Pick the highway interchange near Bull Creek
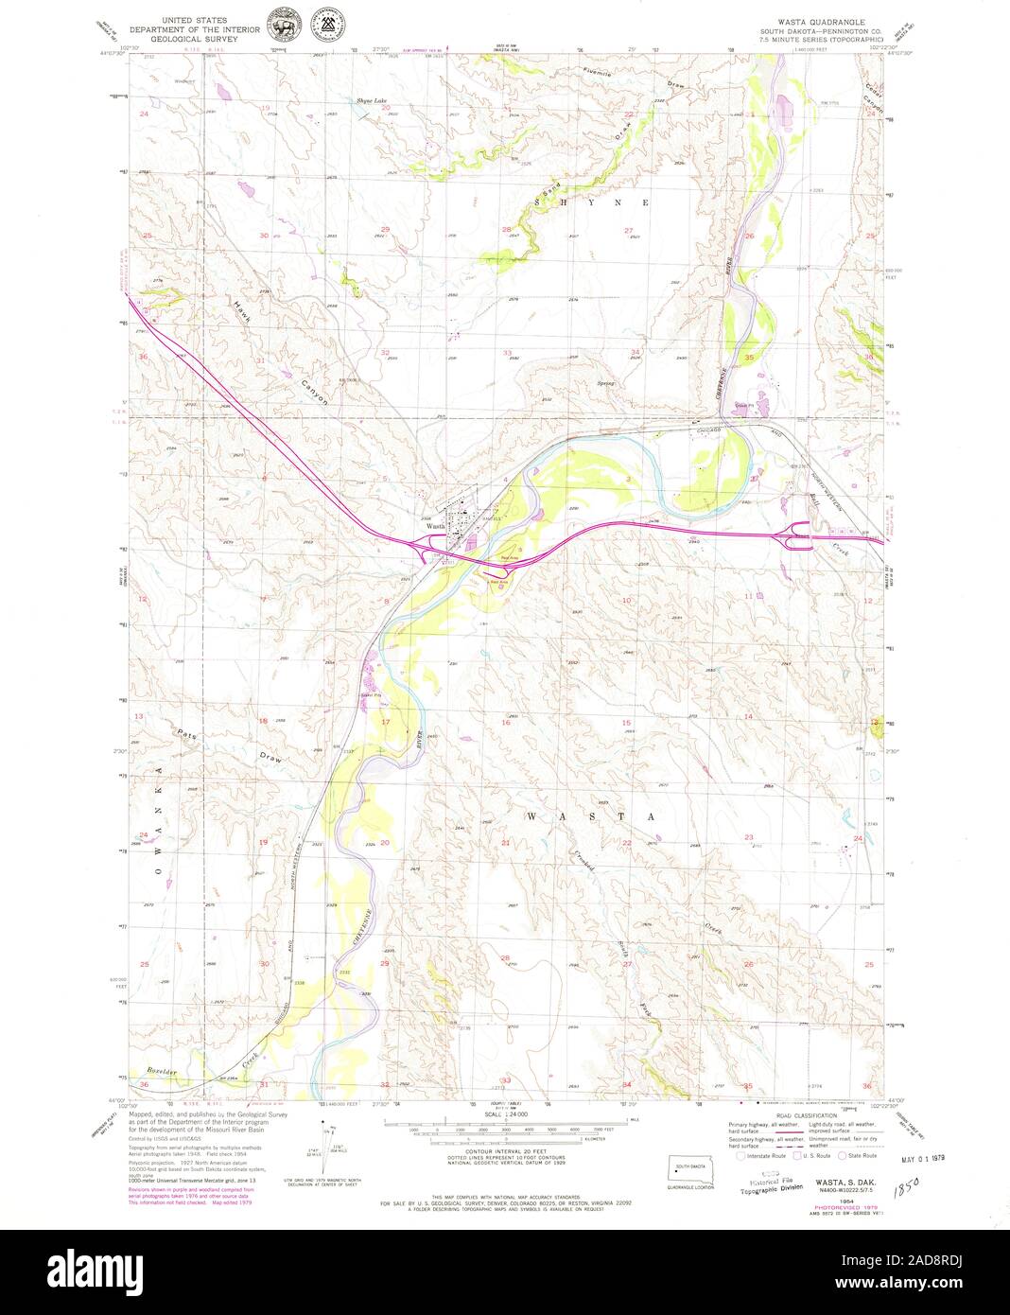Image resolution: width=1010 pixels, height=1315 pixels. [795, 540]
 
